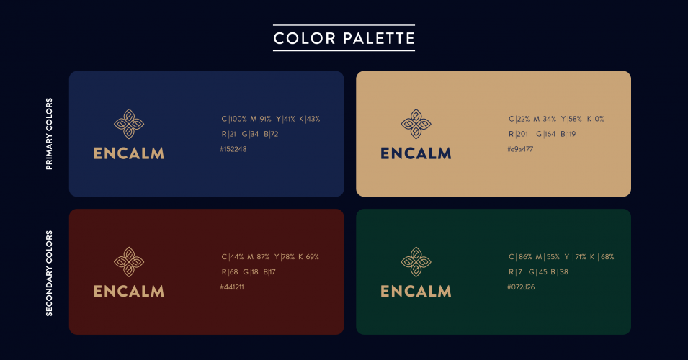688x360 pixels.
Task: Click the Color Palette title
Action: (344, 37)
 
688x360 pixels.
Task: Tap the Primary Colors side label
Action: (50, 134)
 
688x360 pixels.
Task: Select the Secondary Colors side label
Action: (50, 272)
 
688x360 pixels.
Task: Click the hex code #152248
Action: (233, 149)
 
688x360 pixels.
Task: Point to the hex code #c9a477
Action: (520, 149)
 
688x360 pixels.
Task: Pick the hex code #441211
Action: (232, 287)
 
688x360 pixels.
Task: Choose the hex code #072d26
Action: (522, 287)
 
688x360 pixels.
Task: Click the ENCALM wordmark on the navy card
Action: (129, 153)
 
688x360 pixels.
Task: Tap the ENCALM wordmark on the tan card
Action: (416, 153)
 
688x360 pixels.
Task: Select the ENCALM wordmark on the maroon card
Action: (129, 292)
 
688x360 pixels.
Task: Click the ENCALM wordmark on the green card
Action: (416, 292)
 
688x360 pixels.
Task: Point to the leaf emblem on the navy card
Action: (129, 124)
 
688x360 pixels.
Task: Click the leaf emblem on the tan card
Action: (416, 124)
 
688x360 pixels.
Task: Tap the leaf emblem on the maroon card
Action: (129, 262)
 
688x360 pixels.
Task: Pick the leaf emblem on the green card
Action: (416, 262)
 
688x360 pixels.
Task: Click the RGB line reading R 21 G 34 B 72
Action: (250, 134)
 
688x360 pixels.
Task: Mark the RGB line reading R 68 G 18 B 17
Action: (249, 272)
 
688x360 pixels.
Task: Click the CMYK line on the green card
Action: (561, 257)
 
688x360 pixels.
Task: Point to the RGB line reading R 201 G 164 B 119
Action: (542, 134)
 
